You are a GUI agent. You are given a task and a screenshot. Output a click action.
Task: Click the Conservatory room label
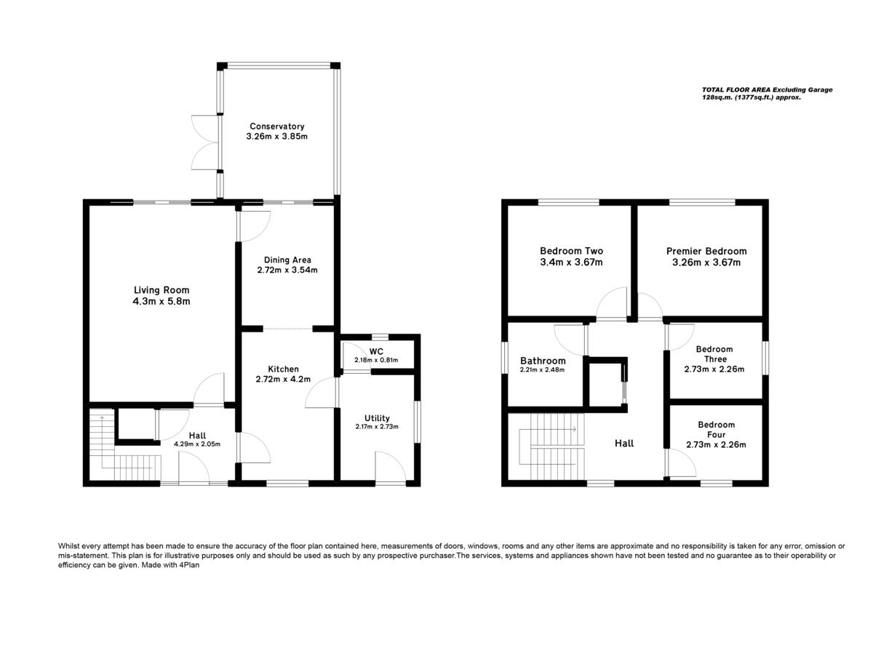[x=276, y=126]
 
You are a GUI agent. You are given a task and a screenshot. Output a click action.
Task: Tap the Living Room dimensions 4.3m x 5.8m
[x=162, y=301]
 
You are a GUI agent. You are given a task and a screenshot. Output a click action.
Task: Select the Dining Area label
[x=287, y=260]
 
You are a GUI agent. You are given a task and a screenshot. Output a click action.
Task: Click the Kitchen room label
[x=283, y=369]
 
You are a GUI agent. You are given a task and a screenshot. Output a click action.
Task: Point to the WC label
[x=376, y=352]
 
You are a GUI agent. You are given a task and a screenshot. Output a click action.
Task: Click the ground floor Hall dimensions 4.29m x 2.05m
[x=197, y=444]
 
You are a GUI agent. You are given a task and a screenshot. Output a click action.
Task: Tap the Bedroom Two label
[x=571, y=251]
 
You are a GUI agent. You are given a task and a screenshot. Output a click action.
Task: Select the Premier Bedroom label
[x=706, y=251]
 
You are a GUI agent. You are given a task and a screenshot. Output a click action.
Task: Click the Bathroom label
[x=543, y=361]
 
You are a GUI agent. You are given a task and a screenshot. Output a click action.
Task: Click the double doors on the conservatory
[x=204, y=143]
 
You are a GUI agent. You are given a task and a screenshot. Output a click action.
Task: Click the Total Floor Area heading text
[x=767, y=89]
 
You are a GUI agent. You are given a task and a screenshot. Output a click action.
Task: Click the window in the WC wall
[x=379, y=337]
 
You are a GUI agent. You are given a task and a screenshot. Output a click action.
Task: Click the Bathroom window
[x=505, y=357]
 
